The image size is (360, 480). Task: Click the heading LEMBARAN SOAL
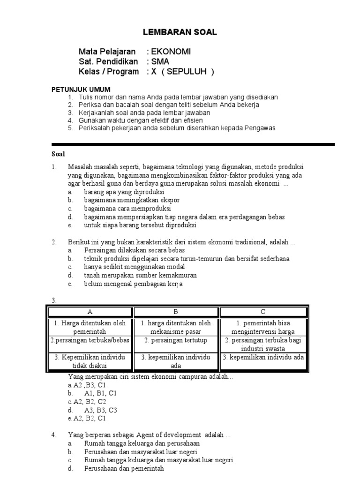click(180, 32)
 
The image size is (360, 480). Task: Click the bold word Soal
click(58, 154)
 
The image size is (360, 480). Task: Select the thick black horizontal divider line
click(193, 144)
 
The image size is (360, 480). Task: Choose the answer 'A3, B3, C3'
click(100, 410)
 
